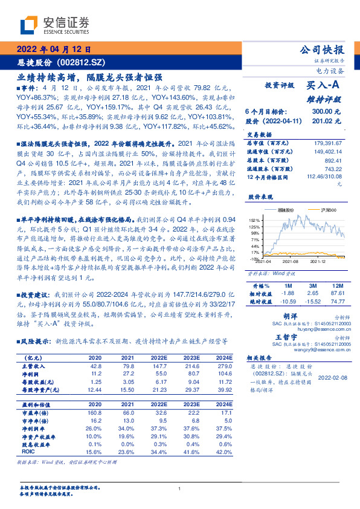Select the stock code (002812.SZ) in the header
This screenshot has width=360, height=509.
point(82,62)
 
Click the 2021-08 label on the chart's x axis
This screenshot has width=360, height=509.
point(291,262)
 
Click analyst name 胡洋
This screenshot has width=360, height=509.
point(291,316)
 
